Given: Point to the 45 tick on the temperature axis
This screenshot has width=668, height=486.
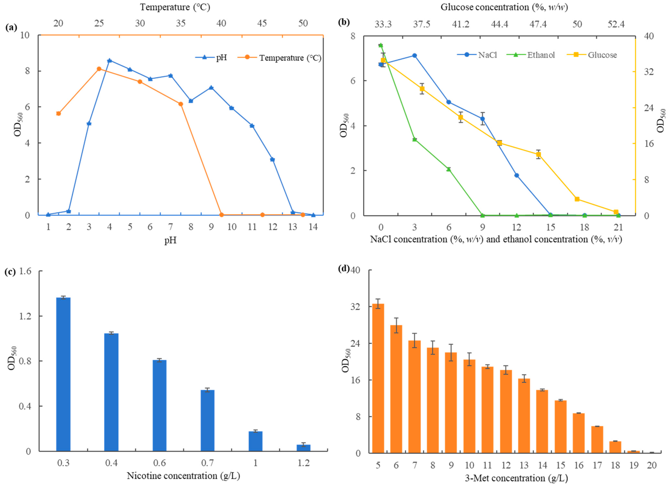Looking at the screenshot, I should pos(262,24).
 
